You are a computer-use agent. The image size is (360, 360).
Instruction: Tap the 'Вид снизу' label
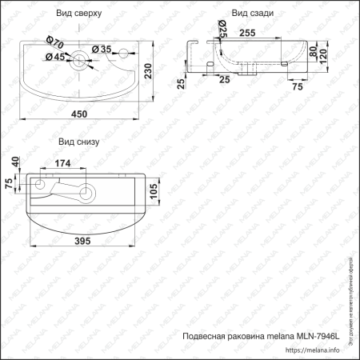(78, 142)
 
